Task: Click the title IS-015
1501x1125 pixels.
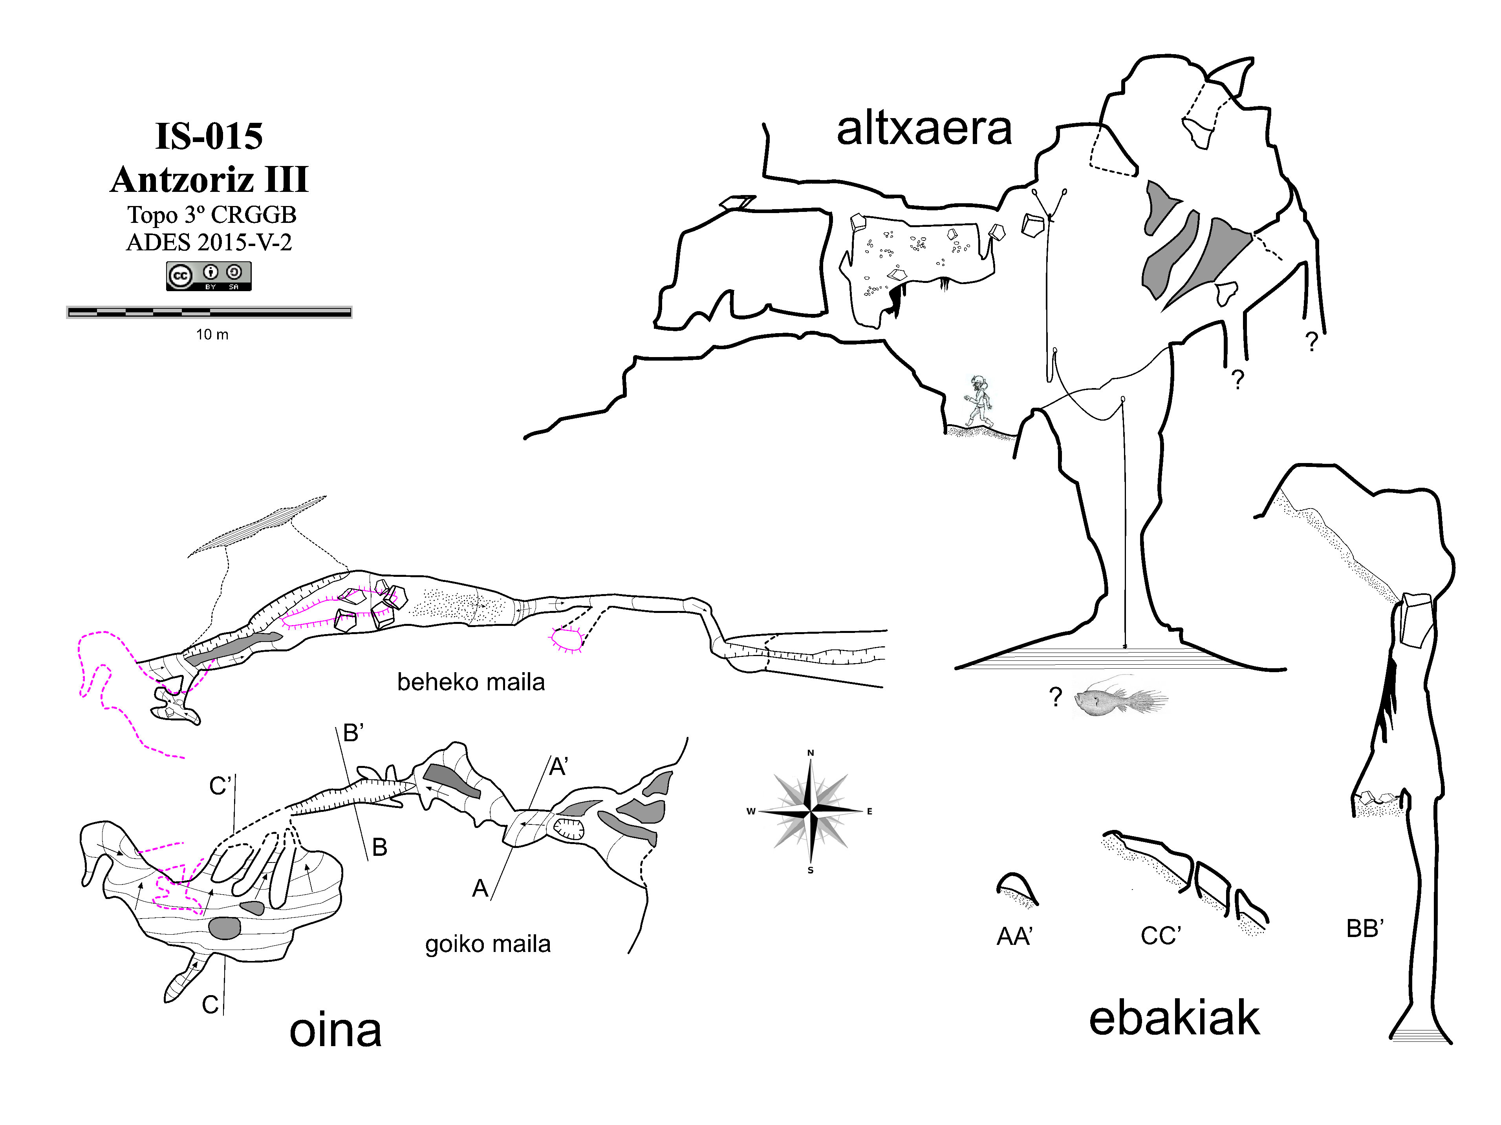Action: pyautogui.click(x=209, y=136)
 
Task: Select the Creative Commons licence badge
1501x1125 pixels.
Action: pyautogui.click(x=209, y=276)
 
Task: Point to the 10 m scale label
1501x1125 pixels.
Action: pyautogui.click(x=212, y=334)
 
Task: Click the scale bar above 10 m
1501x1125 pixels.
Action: pyautogui.click(x=209, y=312)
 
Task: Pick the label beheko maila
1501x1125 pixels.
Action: pyautogui.click(x=471, y=682)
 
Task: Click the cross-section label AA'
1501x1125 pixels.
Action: pyautogui.click(x=1014, y=937)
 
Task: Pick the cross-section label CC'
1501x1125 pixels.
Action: pyautogui.click(x=1161, y=936)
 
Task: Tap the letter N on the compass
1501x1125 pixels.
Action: pyautogui.click(x=810, y=753)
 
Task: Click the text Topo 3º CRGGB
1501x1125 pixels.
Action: pyautogui.click(x=212, y=215)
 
